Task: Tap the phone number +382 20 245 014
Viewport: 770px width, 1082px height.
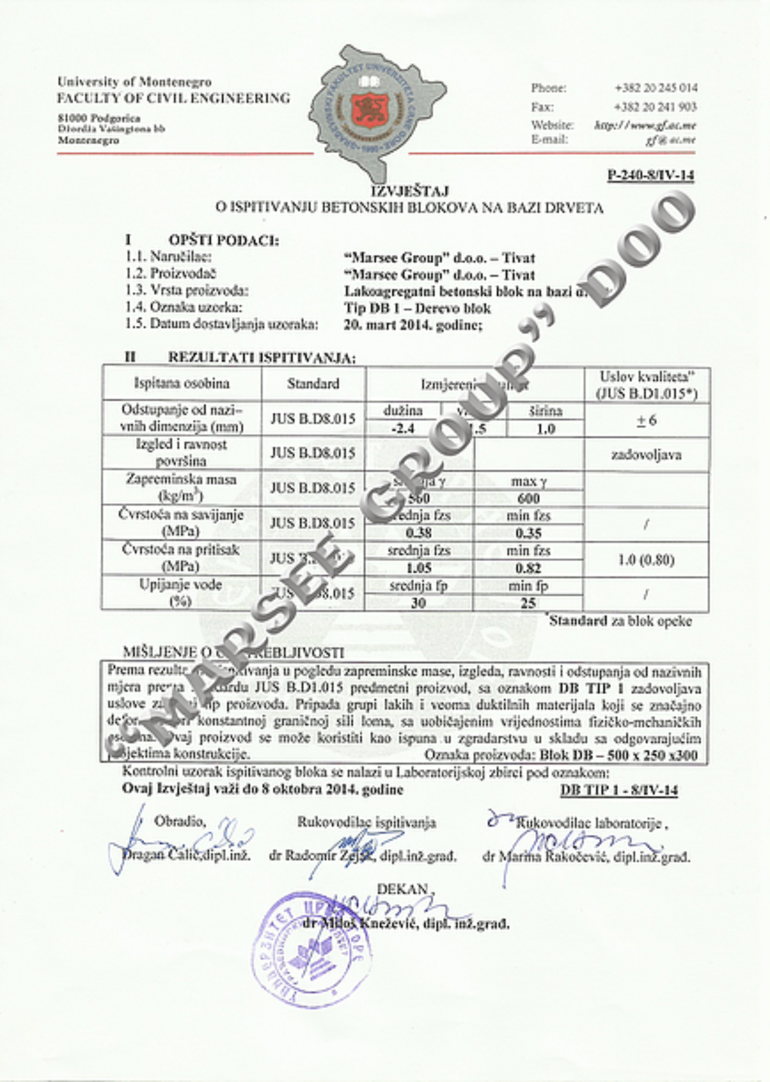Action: tap(656, 88)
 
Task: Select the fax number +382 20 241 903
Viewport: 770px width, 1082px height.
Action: tap(656, 107)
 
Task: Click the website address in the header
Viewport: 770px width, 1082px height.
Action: tap(645, 125)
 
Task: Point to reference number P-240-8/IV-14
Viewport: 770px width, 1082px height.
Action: tap(650, 175)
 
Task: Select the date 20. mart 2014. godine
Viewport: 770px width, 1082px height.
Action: tap(413, 325)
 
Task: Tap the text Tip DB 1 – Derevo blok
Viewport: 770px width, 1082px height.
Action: tap(417, 308)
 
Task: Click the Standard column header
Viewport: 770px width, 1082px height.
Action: tap(313, 384)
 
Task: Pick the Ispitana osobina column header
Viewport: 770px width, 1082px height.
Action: tap(182, 384)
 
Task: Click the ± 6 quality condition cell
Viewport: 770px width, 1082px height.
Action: tap(646, 420)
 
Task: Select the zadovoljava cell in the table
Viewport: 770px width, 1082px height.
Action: tap(646, 455)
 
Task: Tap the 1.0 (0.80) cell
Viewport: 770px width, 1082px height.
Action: tap(646, 560)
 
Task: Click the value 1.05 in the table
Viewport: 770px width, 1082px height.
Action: tap(418, 568)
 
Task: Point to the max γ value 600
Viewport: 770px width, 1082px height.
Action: tap(528, 498)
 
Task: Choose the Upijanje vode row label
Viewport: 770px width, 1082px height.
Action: tap(180, 593)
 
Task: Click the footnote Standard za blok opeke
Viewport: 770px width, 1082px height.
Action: tap(620, 621)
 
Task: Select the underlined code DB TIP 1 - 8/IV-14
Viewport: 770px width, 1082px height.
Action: tap(619, 790)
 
